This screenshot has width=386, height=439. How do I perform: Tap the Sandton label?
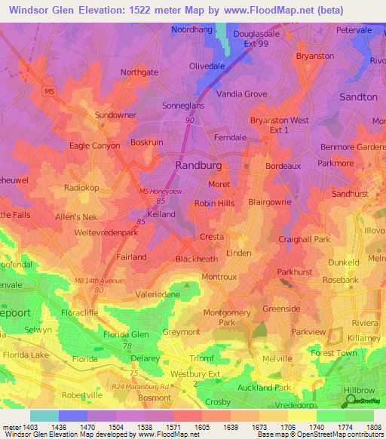coord(357,97)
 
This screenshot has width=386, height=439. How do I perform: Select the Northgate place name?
coord(139,72)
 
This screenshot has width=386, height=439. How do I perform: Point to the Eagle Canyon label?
coord(94,146)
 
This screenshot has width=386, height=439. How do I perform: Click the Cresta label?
coord(211,237)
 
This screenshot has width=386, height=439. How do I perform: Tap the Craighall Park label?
coord(304,239)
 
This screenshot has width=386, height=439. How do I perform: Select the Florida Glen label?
coord(125,334)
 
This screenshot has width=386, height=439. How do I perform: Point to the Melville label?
coord(276,360)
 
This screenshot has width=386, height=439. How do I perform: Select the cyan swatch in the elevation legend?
coord(44,416)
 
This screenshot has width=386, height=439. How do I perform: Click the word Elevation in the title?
coord(98,11)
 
